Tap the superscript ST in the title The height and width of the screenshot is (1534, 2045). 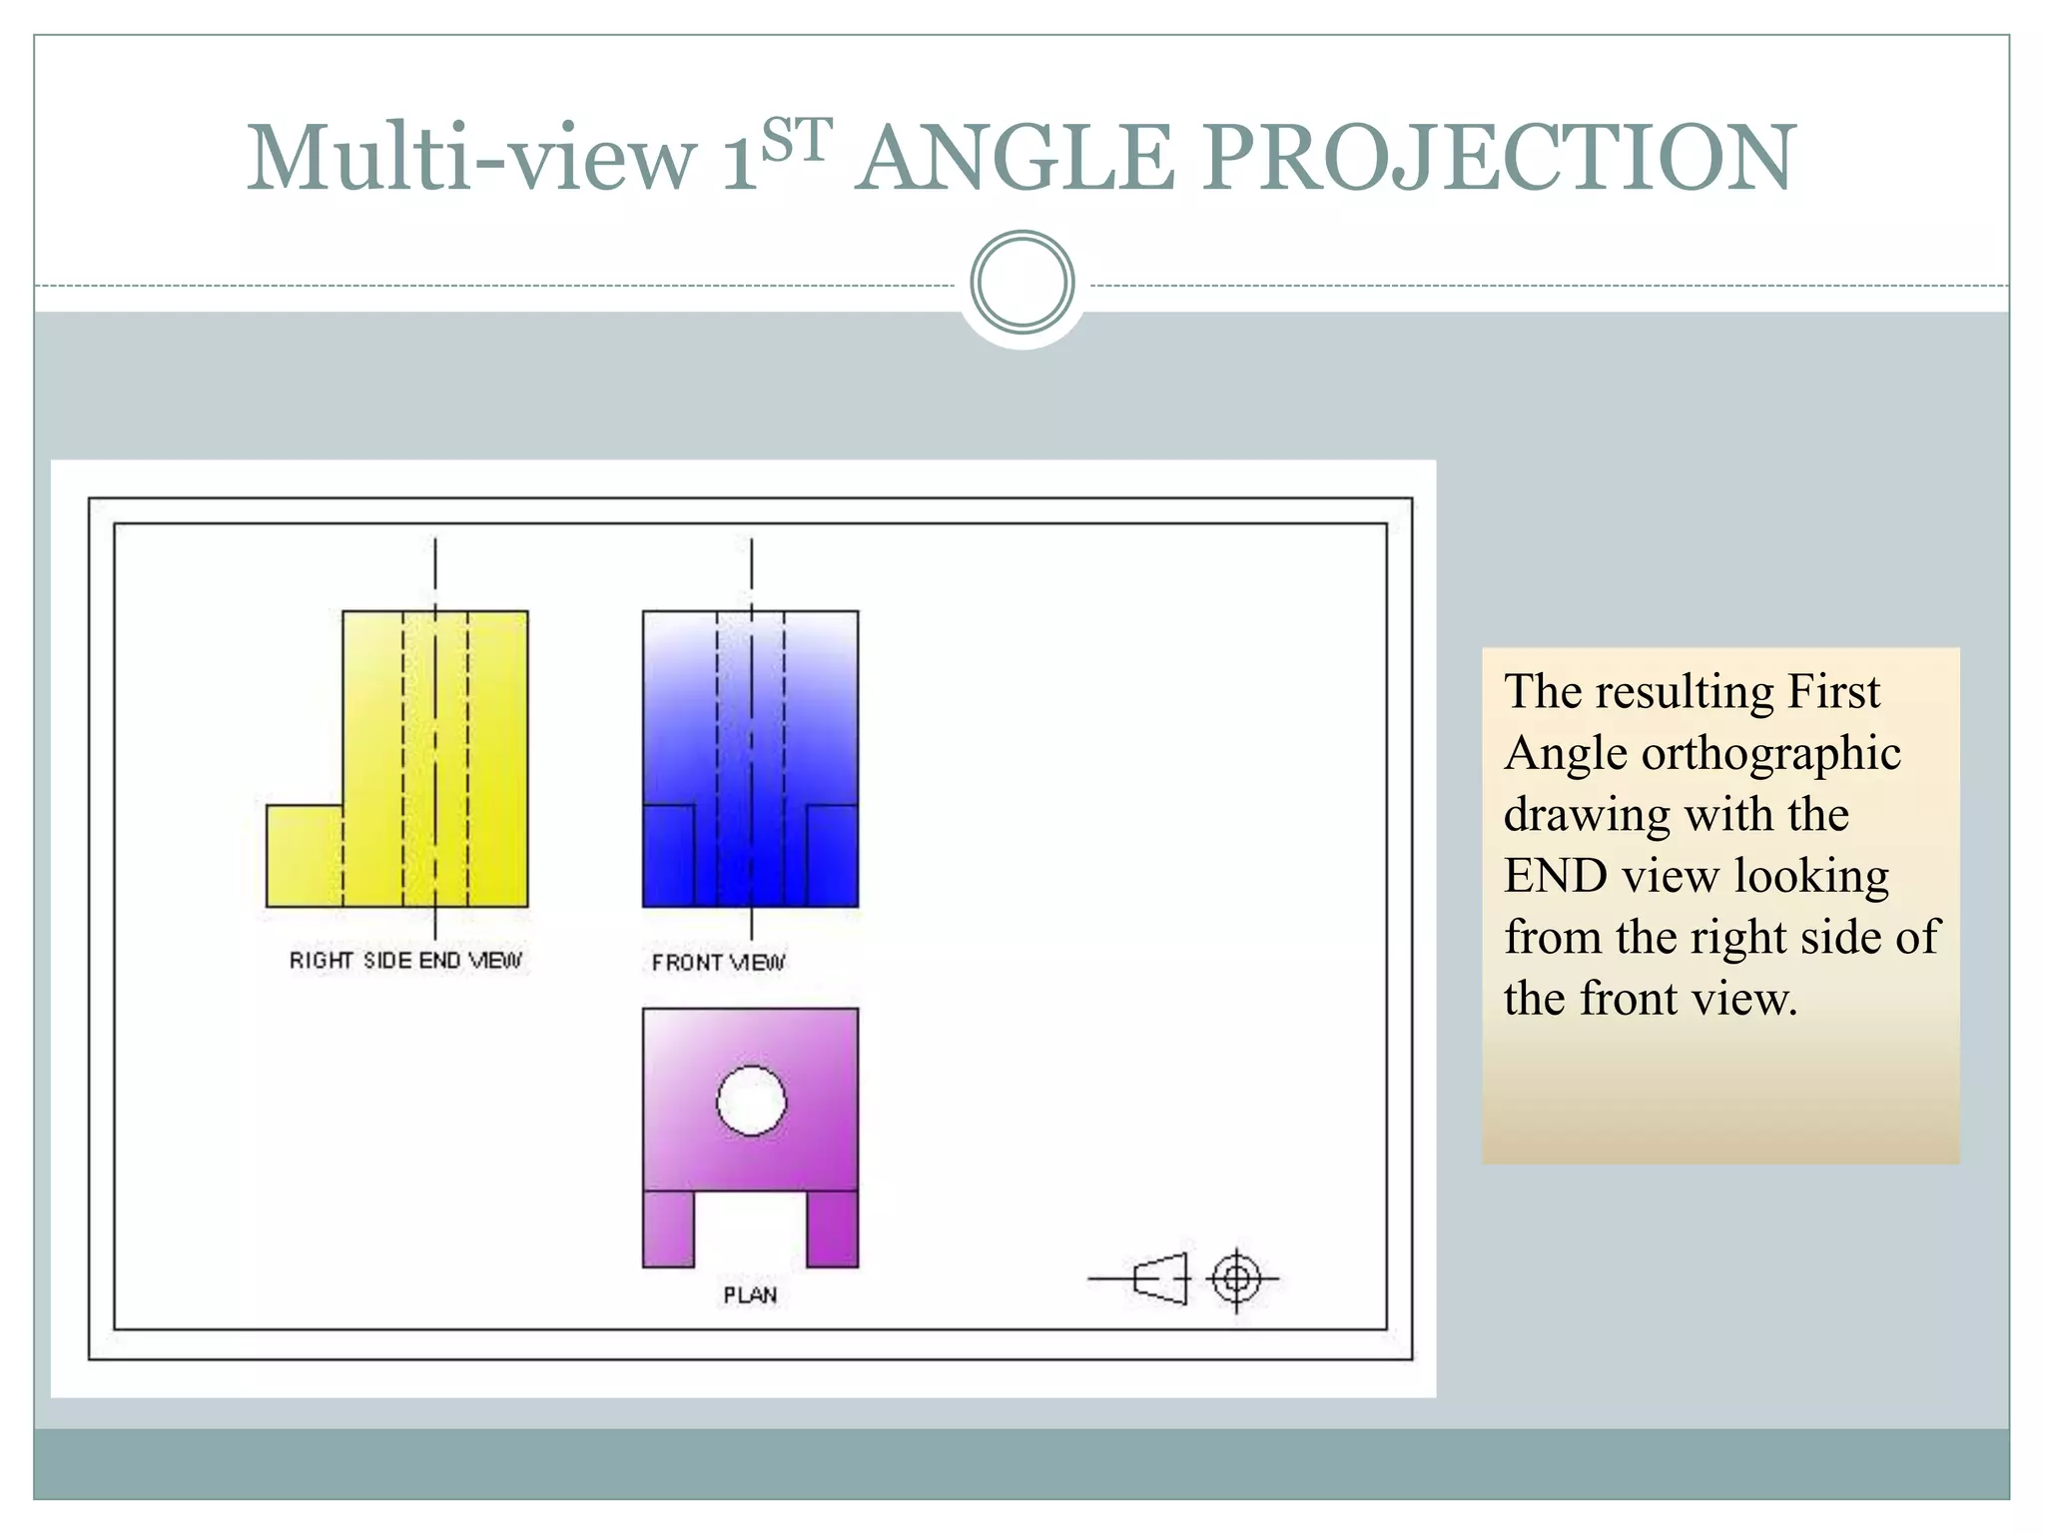coord(796,140)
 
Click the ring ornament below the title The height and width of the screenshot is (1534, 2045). coord(1022,283)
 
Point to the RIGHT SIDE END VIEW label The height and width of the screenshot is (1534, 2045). coord(405,960)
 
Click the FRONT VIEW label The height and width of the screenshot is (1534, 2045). coord(718,963)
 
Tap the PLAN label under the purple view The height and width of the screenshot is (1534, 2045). coord(750,1295)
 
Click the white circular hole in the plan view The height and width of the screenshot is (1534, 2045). coord(751,1102)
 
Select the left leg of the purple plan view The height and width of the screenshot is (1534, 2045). coord(668,1229)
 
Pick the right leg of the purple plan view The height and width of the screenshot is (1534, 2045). coord(832,1229)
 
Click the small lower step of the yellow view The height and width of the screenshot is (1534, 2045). coord(304,856)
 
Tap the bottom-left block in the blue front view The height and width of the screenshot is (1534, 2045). coord(668,856)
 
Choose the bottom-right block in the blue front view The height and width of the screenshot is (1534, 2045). coord(832,856)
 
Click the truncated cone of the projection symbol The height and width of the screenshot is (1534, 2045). coord(1161,1278)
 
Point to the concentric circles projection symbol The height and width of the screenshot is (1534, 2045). coord(1236,1278)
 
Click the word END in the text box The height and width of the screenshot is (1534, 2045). coord(1555,877)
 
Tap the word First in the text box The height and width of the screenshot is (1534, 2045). coord(1832,692)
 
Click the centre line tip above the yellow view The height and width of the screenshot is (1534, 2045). coord(434,544)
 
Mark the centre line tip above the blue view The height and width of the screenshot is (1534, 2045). coord(751,544)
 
